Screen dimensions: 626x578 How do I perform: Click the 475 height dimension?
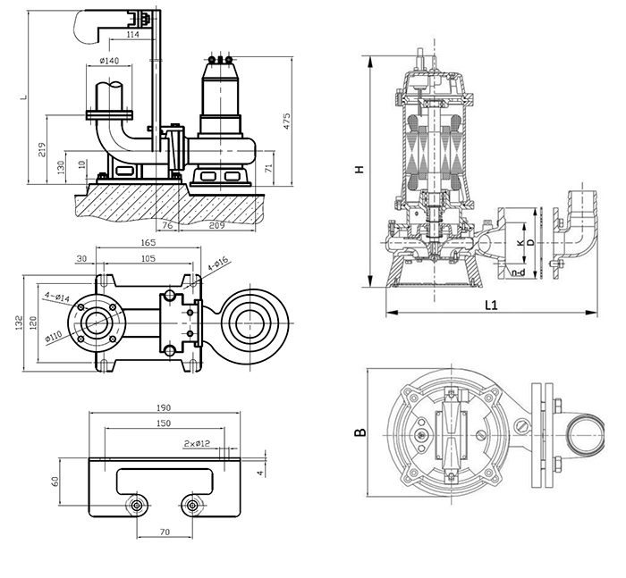[x=287, y=121]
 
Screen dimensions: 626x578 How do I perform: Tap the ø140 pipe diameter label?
[x=109, y=61]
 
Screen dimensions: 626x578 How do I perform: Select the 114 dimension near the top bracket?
[x=133, y=35]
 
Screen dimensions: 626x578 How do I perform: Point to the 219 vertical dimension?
[x=42, y=149]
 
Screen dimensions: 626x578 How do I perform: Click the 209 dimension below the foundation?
[x=216, y=225]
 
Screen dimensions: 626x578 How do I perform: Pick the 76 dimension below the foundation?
[x=168, y=225]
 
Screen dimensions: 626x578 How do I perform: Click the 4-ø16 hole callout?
[x=217, y=264]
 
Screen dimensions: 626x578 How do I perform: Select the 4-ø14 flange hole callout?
[x=56, y=297]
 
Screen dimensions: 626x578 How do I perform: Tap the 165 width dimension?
[x=148, y=242]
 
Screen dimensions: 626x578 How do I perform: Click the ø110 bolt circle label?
[x=54, y=336]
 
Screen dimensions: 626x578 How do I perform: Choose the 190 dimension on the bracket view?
[x=164, y=407]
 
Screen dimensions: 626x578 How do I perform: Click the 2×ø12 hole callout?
[x=197, y=443]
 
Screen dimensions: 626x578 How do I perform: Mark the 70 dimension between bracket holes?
[x=165, y=532]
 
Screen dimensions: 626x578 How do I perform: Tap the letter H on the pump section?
[x=360, y=169]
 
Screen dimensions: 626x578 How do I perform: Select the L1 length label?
[x=492, y=306]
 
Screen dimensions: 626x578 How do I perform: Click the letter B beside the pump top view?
[x=360, y=432]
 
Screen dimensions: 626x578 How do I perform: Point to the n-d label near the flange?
[x=518, y=272]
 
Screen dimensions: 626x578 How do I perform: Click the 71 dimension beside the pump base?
[x=269, y=168]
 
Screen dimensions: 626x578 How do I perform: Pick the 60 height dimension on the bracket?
[x=55, y=482]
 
